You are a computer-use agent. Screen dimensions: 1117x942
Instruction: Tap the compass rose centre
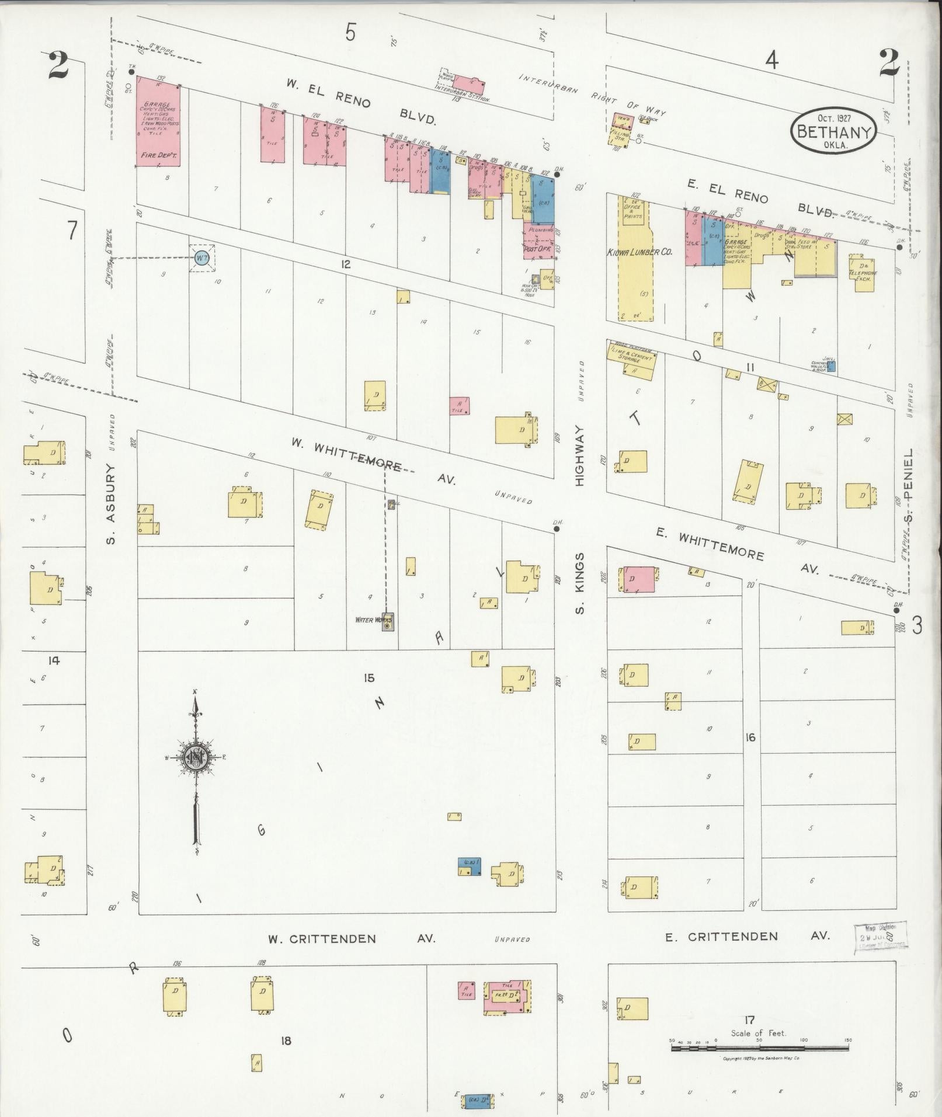point(196,757)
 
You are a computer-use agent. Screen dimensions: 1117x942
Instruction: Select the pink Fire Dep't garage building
point(157,121)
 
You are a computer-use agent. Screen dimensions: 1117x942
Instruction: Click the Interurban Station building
point(467,85)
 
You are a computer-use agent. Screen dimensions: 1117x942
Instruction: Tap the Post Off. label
point(537,249)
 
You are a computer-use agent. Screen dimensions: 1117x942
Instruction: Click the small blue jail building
point(832,366)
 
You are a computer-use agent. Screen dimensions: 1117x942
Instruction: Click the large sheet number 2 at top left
point(58,65)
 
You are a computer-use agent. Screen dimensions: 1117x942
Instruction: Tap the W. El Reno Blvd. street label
point(362,101)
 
